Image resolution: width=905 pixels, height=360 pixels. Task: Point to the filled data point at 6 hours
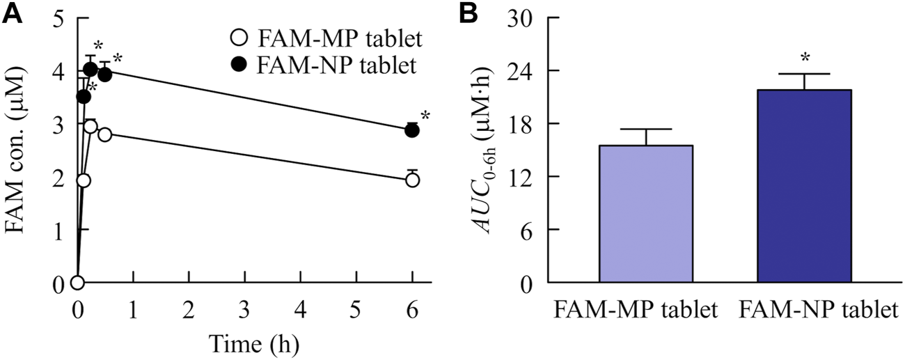click(x=412, y=130)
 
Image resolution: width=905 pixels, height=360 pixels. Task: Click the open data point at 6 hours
click(x=412, y=180)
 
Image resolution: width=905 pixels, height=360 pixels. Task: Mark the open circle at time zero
click(x=77, y=283)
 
